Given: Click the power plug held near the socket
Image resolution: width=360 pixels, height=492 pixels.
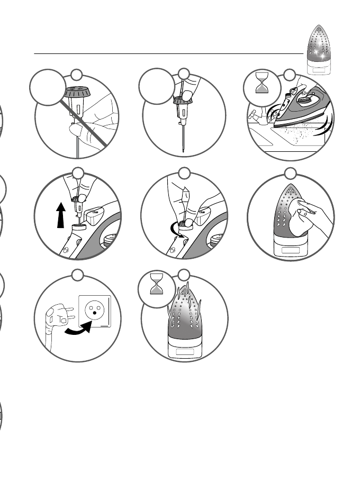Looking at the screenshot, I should tap(55, 317).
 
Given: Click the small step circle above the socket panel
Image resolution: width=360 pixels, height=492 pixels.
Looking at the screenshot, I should tap(78, 275).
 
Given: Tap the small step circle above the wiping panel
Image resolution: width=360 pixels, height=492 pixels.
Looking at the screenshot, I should tap(291, 173).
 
